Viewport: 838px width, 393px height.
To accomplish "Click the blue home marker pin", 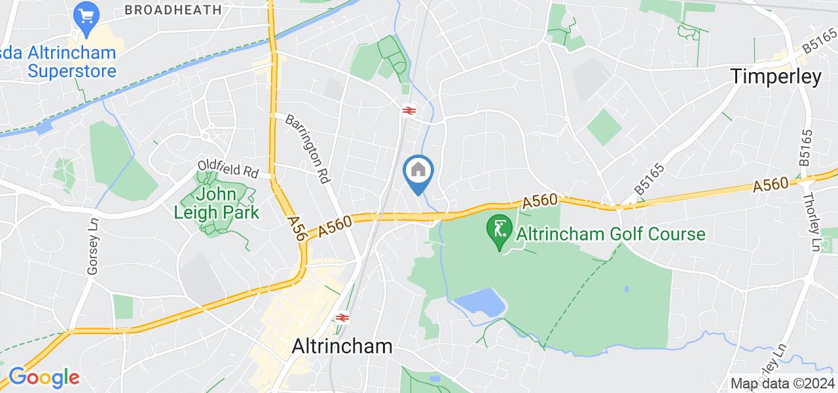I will (418, 171).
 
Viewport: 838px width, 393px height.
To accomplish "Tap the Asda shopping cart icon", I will (85, 16).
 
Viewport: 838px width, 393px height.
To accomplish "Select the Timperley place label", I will (776, 77).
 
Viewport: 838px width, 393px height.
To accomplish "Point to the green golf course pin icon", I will (500, 231).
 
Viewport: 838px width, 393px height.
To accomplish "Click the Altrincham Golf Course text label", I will (610, 234).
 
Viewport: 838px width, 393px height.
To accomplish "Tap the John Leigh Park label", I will (217, 203).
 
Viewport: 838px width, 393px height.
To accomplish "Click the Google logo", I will (44, 377).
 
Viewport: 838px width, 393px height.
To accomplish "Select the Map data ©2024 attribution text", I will (783, 383).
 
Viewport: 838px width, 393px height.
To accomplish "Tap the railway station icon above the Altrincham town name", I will (340, 318).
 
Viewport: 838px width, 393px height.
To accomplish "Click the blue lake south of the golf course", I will (481, 303).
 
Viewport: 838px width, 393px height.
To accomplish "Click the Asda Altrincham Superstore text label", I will (58, 62).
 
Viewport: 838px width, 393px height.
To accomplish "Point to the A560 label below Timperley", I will (771, 185).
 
